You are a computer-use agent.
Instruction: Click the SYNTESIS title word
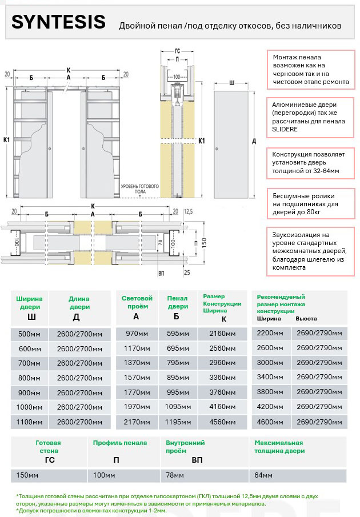pyautogui.click(x=58, y=22)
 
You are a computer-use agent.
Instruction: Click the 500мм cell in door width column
pyautogui.click(x=29, y=334)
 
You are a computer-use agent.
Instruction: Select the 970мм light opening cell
pyautogui.click(x=137, y=334)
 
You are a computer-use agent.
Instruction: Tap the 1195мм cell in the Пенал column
pyautogui.click(x=177, y=422)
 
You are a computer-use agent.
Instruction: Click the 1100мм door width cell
pyautogui.click(x=29, y=422)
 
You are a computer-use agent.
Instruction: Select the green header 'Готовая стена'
pyautogui.click(x=48, y=447)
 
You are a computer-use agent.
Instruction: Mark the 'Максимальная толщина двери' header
pyautogui.click(x=279, y=447)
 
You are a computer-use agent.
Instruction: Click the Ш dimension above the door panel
pyautogui.click(x=231, y=83)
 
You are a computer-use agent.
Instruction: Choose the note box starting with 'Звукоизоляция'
pyautogui.click(x=309, y=251)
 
